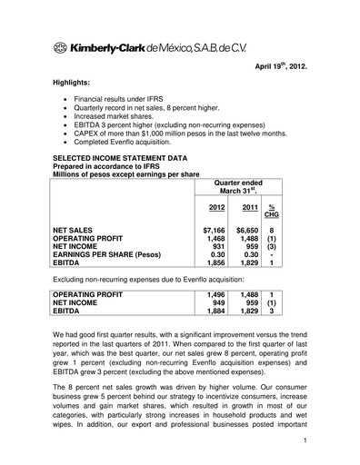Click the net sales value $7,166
tap(214, 232)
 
